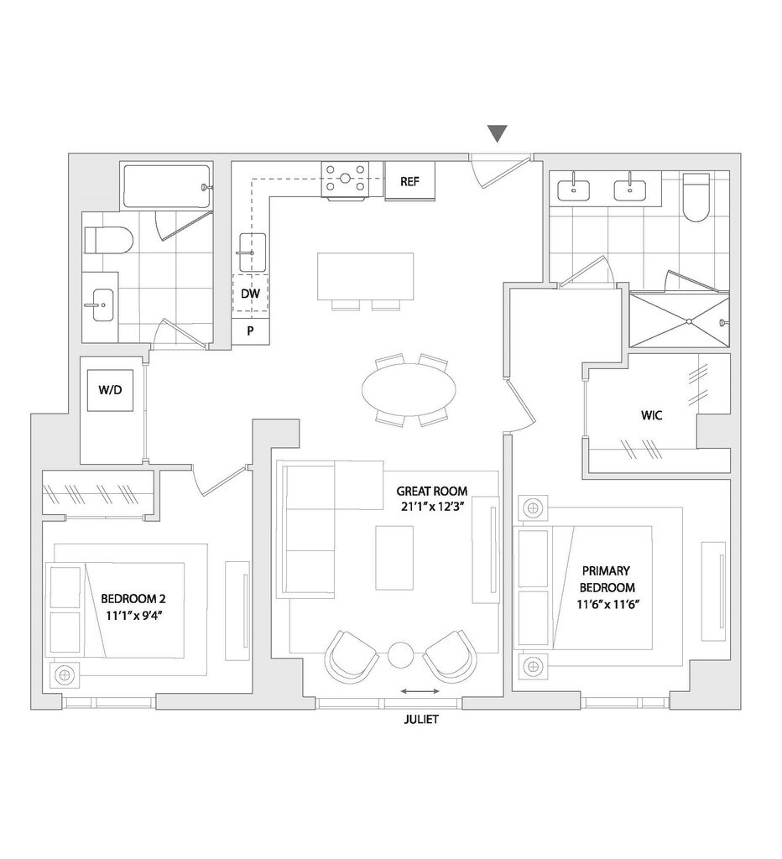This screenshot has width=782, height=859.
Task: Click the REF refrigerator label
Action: (409, 181)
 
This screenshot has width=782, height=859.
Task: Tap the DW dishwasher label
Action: (249, 294)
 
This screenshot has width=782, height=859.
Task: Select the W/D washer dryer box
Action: (112, 389)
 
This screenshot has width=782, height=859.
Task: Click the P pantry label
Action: (250, 331)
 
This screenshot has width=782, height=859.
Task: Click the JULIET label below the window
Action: (420, 719)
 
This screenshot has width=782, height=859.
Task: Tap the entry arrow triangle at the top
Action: (498, 133)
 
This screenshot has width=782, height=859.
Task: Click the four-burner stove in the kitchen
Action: (347, 179)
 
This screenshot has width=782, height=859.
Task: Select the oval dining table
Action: (409, 391)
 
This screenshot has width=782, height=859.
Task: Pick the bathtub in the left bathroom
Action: (164, 186)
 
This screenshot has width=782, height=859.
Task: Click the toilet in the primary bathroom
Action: (696, 198)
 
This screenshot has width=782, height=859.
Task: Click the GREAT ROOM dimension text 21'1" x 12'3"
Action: (431, 506)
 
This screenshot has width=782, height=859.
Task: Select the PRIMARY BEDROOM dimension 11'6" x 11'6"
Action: (604, 603)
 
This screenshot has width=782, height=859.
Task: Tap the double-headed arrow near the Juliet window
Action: (420, 691)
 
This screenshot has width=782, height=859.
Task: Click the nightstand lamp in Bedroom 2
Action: (64, 674)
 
